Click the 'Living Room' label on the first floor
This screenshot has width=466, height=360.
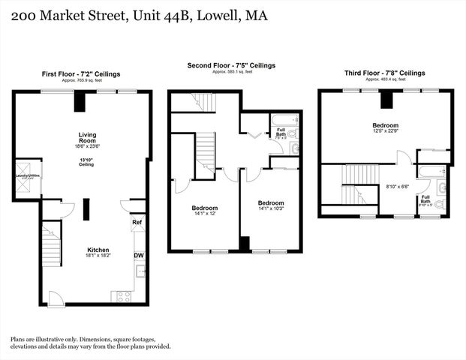(x=87, y=138)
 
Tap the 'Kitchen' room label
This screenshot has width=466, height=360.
(x=98, y=250)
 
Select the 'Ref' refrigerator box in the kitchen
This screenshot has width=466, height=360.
(x=137, y=223)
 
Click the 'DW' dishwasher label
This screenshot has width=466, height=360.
(x=139, y=256)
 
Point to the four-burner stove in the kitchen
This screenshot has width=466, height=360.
(x=122, y=295)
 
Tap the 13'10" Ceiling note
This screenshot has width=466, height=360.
(x=87, y=162)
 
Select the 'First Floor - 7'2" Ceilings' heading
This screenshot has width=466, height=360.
(x=81, y=74)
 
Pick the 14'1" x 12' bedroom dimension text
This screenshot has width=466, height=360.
(x=204, y=214)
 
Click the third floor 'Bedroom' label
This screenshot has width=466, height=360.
(x=385, y=125)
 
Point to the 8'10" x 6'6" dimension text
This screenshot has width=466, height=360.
(x=398, y=187)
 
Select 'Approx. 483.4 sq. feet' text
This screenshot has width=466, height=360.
(x=385, y=79)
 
